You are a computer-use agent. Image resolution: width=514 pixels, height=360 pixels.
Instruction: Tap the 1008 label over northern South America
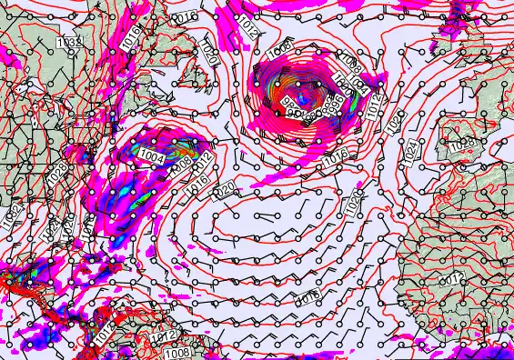coord(178,352)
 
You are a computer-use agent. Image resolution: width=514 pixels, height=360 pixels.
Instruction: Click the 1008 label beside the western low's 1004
coord(180,165)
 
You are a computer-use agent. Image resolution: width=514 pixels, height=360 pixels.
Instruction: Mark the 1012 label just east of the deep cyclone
coord(375,107)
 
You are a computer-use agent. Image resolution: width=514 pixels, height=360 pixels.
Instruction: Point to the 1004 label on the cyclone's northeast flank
coord(358,87)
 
